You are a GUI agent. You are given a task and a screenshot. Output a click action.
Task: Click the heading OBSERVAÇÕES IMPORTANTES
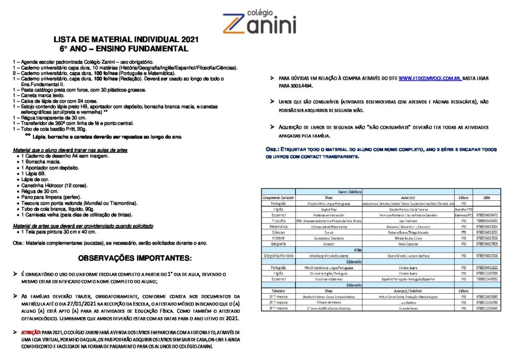coord(134,259)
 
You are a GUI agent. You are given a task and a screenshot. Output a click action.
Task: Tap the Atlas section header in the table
coord(357,250)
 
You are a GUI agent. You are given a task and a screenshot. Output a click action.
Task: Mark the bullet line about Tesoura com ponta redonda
coord(79,203)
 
